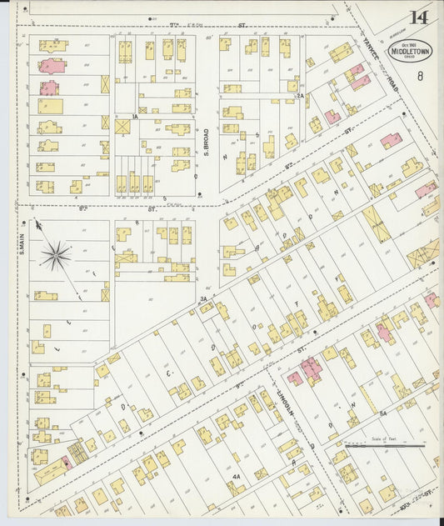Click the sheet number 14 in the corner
pos(418,18)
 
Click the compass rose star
pos(55,255)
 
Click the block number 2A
pos(299,97)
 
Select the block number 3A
pos(202,298)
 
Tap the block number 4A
pos(237,477)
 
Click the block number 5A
pos(382,413)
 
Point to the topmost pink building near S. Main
pos(52,65)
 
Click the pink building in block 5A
pos(382,332)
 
